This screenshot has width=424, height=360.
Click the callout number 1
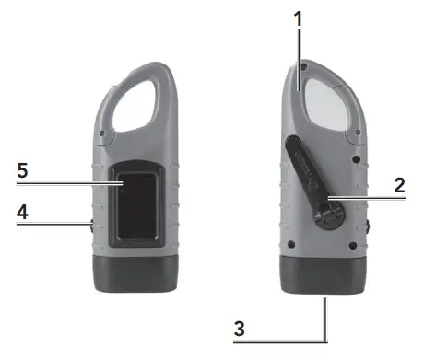[x=297, y=17]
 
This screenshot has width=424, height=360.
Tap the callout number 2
[x=399, y=184]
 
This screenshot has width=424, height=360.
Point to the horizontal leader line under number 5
[x=65, y=184]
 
